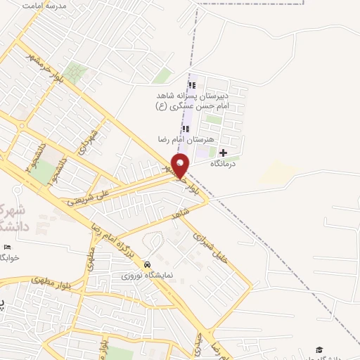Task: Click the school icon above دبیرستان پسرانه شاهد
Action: tap(192, 85)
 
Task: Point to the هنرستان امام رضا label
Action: tap(186, 139)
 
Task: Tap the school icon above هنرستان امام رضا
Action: tap(186, 129)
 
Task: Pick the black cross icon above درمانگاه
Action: tap(224, 153)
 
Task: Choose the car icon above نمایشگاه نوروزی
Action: tap(146, 264)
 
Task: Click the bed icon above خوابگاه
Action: tap(8, 247)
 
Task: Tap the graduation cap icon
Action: tap(319, 349)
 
